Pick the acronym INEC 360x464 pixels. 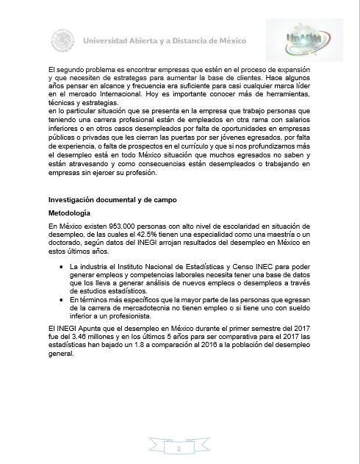253,263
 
